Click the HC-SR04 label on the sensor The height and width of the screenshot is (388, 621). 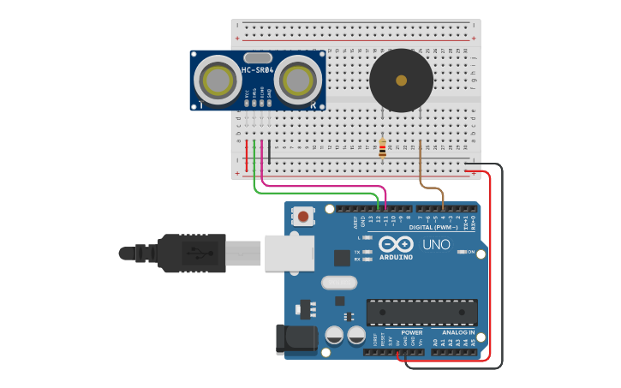[x=257, y=70]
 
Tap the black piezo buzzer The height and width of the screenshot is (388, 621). [x=401, y=81]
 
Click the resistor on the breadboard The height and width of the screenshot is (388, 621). [x=382, y=147]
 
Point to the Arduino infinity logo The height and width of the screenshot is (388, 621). [x=396, y=244]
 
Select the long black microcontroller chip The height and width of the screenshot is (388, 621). [x=421, y=313]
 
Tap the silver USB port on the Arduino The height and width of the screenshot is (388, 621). [x=288, y=253]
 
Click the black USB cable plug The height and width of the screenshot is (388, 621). [x=192, y=254]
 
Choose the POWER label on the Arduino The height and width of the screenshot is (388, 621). [x=411, y=332]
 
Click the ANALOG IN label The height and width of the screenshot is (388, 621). [x=458, y=332]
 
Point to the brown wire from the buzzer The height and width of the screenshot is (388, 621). [x=421, y=171]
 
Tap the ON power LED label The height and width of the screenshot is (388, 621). [x=471, y=252]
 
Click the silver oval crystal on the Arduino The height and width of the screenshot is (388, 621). [x=338, y=282]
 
